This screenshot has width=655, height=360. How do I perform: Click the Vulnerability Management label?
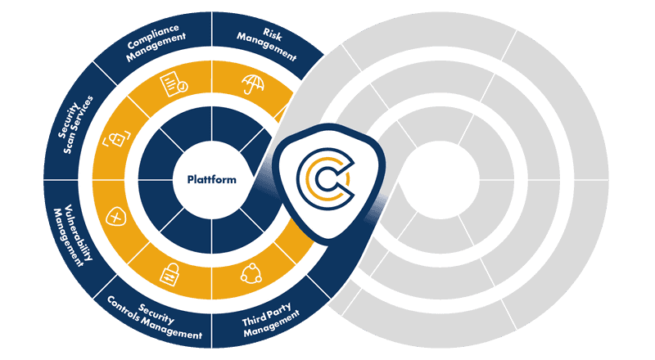coord(75,234)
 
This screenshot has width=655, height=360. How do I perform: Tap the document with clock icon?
coord(173,82)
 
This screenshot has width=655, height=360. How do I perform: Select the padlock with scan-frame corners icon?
coord(115,140)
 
